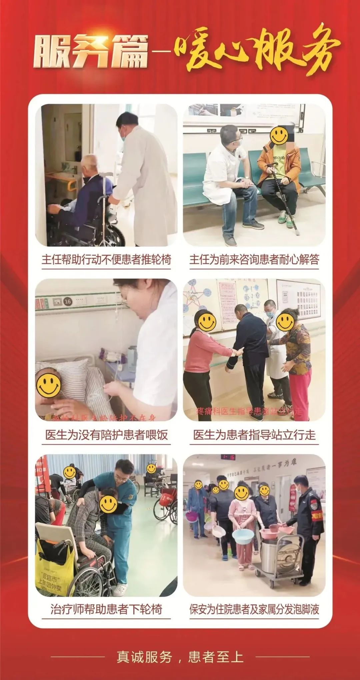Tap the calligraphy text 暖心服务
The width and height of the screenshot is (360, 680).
click(257, 50)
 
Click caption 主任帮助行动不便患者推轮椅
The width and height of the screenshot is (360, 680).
click(106, 260)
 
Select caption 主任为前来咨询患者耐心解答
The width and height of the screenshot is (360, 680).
click(254, 260)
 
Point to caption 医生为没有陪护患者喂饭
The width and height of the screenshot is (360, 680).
click(106, 435)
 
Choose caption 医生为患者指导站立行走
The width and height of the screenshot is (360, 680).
click(254, 435)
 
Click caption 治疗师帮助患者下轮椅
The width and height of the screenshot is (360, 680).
click(106, 609)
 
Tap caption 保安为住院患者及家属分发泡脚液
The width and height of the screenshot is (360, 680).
click(254, 609)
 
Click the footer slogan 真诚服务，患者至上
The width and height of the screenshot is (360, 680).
click(180, 657)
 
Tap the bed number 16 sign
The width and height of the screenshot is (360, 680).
click(68, 302)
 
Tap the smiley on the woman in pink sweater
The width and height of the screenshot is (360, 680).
click(207, 321)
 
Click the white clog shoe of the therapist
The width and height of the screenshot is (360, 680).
click(120, 589)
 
